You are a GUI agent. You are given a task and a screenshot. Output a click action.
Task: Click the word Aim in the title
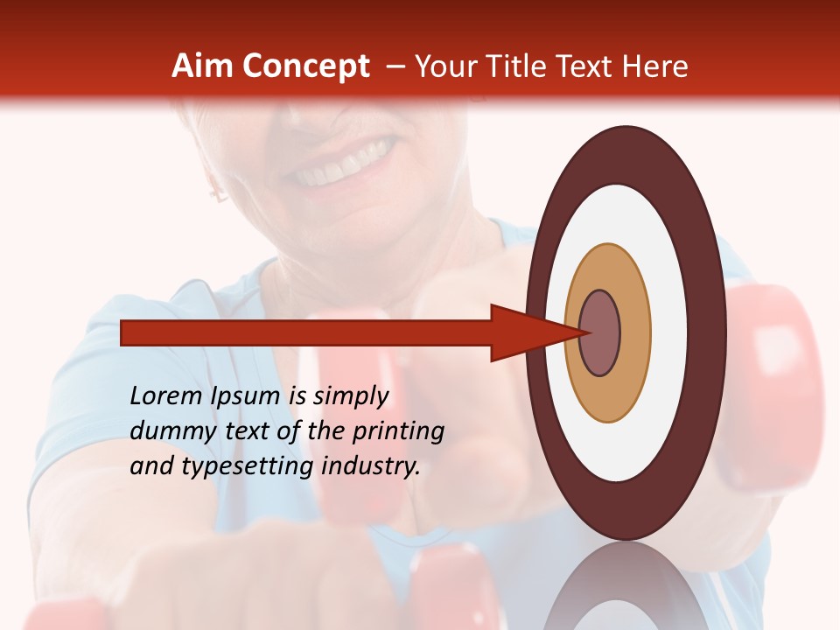click(x=201, y=66)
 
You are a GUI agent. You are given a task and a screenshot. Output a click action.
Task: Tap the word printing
click(x=397, y=430)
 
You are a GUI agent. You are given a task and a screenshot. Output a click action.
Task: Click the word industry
click(x=371, y=465)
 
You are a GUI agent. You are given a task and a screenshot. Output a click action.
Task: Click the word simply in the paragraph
click(x=350, y=396)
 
